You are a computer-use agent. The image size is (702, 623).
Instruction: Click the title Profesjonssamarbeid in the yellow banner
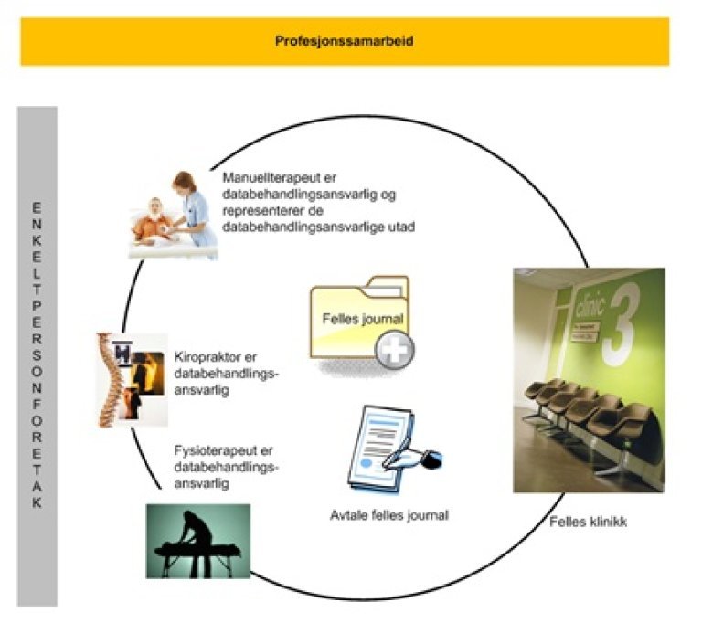pos(344,41)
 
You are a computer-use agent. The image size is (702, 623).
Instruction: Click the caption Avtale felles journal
pos(389,515)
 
